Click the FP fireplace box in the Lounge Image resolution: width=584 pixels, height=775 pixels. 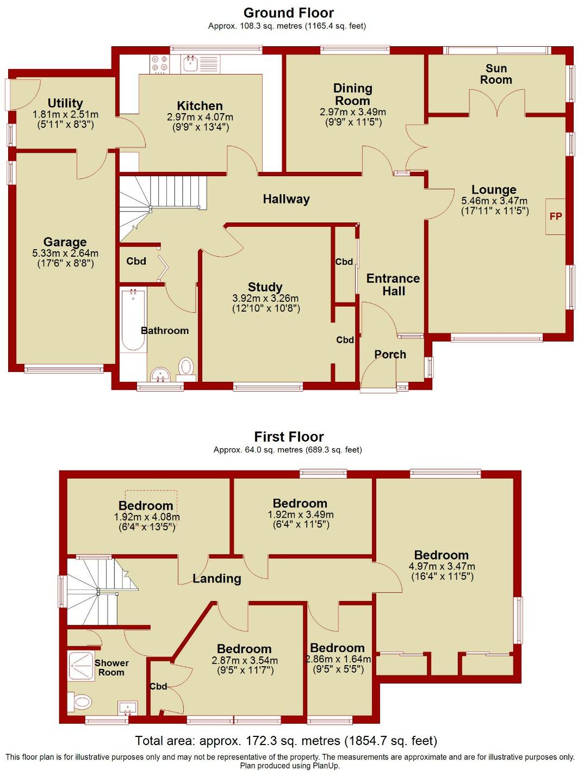pyautogui.click(x=555, y=216)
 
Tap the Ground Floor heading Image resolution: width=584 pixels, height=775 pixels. pyautogui.click(x=288, y=13)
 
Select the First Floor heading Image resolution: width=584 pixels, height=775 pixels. pyautogui.click(x=289, y=437)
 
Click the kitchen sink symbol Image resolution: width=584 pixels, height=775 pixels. pyautogui.click(x=190, y=64)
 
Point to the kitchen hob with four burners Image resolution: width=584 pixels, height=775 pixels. pyautogui.click(x=159, y=64)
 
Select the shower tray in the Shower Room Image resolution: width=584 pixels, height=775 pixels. pyautogui.click(x=82, y=666)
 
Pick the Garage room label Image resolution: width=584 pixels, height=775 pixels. pyautogui.click(x=65, y=242)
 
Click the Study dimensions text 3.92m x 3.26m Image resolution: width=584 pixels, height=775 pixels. pyautogui.click(x=265, y=299)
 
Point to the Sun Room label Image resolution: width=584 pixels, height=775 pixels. pyautogui.click(x=496, y=74)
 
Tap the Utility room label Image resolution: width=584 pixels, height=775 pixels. pyautogui.click(x=65, y=103)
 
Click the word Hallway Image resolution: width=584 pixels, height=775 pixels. pyautogui.click(x=286, y=199)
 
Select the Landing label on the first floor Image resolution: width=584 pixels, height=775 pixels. pyautogui.click(x=216, y=579)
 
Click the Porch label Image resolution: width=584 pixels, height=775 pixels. pyautogui.click(x=390, y=355)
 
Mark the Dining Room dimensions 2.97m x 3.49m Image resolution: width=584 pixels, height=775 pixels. pyautogui.click(x=353, y=112)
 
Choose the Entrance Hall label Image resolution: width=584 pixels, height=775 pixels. pyautogui.click(x=393, y=284)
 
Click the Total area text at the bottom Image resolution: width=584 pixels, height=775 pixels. pyautogui.click(x=286, y=741)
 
